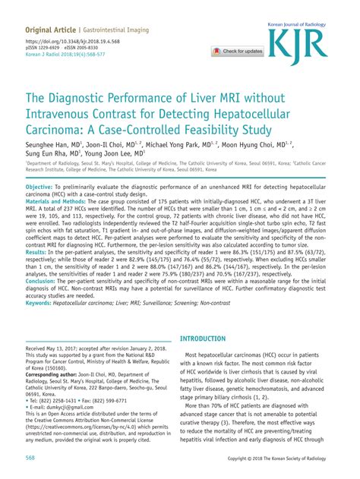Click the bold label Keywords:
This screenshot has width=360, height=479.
click(x=44, y=325)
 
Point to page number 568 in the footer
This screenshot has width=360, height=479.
click(x=32, y=458)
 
